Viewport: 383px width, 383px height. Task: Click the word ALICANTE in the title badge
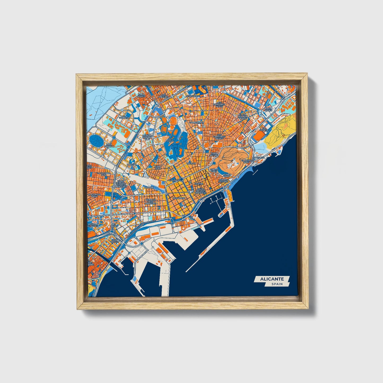coord(272,279)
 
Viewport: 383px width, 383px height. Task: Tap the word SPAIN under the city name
coord(277,284)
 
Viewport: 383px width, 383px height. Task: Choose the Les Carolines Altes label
coord(221,105)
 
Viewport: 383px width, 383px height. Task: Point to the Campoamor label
coord(196,123)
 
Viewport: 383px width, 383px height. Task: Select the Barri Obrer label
coord(268,109)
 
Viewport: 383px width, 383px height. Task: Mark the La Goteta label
coord(264,129)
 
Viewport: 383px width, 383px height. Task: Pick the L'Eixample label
coord(179,198)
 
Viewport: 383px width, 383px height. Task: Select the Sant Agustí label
coord(142,95)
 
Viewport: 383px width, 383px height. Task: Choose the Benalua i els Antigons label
coord(151,201)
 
